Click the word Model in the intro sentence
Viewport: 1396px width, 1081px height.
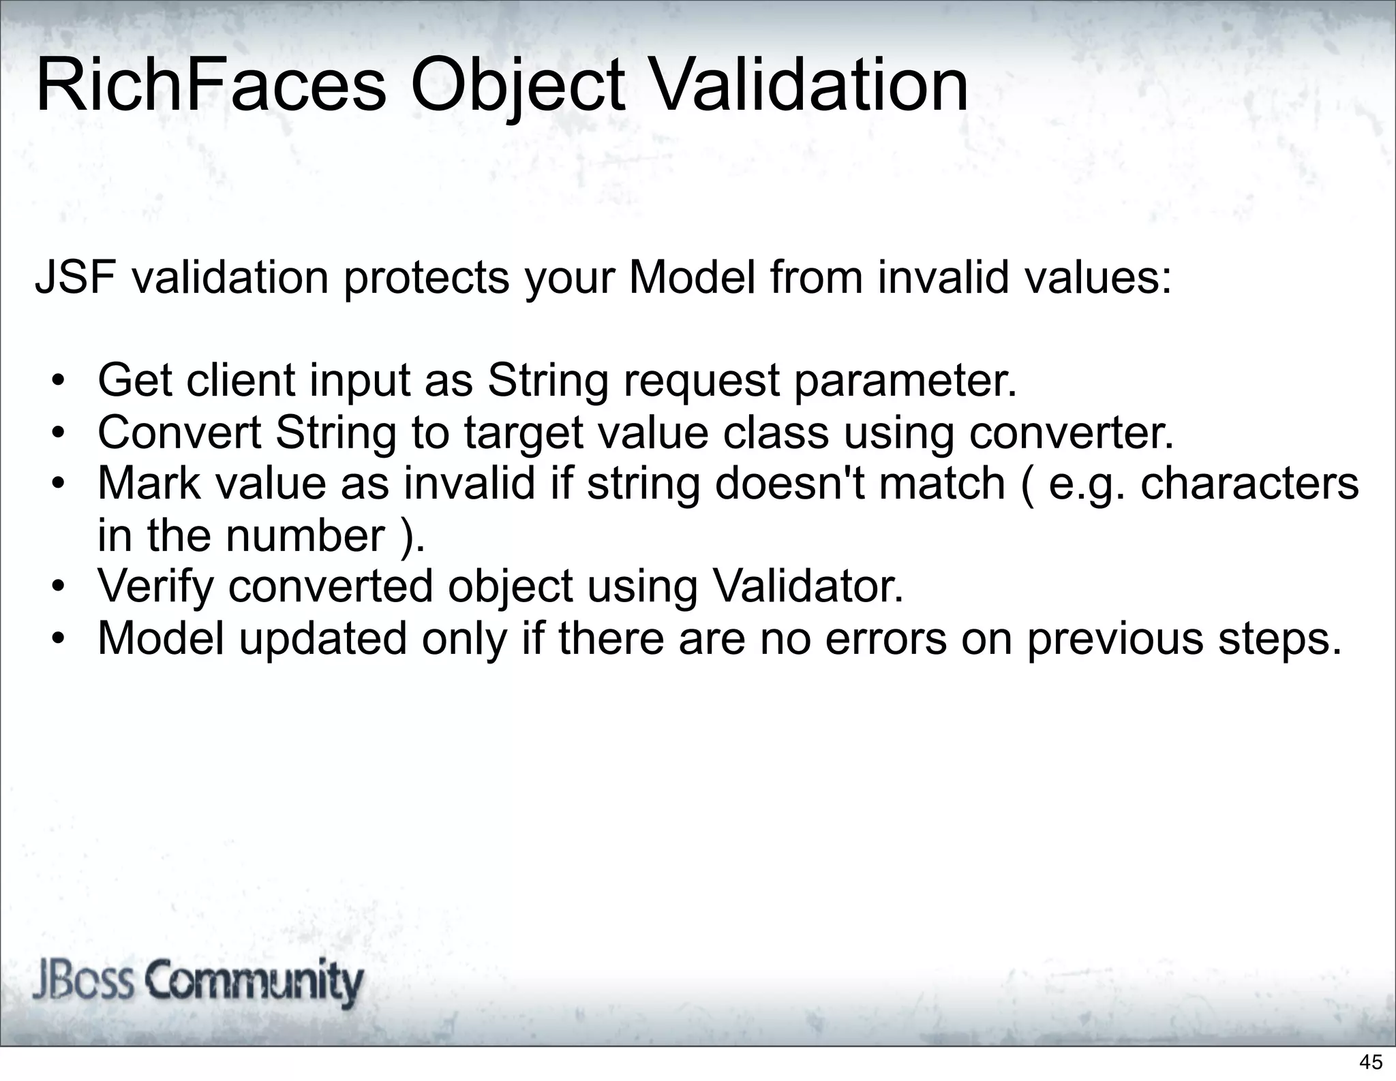tap(691, 278)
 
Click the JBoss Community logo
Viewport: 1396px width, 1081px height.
tap(198, 982)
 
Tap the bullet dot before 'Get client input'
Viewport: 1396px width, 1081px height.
tap(59, 381)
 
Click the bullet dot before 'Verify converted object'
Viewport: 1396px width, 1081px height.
tap(59, 587)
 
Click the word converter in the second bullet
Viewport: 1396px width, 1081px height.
tap(1072, 433)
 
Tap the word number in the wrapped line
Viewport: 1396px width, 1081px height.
tap(305, 535)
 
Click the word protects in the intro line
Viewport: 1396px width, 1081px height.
tap(427, 279)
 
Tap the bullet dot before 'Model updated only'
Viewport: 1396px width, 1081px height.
tap(59, 639)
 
